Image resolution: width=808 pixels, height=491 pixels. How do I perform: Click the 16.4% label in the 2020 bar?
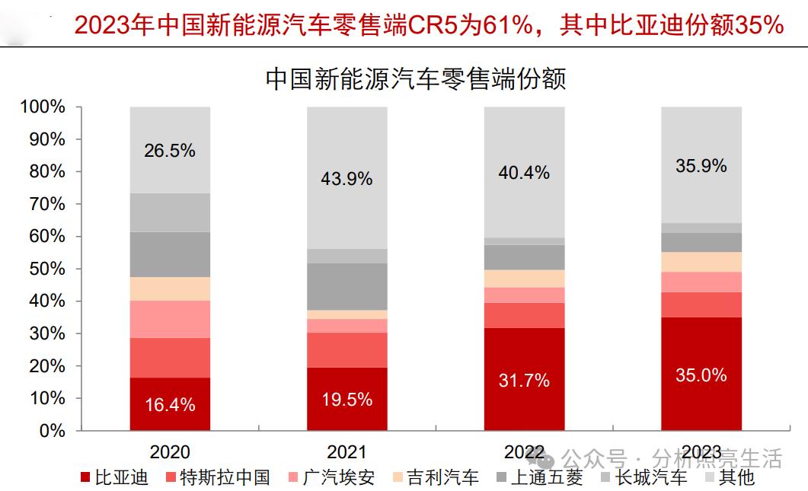170,404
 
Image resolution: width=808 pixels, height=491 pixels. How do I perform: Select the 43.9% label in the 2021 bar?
347,179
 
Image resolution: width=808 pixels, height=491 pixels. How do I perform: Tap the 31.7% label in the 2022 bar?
525,380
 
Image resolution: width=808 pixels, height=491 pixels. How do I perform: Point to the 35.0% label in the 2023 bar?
701,375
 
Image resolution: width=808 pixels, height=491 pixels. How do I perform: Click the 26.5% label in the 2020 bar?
170,151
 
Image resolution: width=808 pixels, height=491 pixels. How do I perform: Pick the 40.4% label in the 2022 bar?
525,173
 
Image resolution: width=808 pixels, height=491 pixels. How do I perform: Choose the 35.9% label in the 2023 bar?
701,165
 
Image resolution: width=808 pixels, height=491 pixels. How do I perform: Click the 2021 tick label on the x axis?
347,451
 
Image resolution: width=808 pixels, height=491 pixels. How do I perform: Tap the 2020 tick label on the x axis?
170,451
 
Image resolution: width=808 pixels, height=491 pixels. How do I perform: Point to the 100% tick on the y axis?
43,107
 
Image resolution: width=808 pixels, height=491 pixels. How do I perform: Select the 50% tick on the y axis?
47,269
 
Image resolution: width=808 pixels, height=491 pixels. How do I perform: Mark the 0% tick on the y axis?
52,431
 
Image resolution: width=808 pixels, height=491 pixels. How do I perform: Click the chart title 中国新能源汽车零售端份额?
415,78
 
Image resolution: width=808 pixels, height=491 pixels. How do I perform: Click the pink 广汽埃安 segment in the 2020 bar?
170,319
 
